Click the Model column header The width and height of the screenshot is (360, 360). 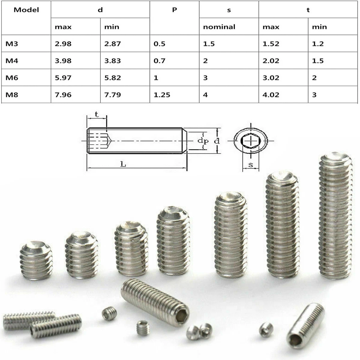(x=26, y=10)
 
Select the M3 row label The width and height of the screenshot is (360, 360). (x=12, y=44)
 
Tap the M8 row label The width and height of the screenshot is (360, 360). (x=12, y=95)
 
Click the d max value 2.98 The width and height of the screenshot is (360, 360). (x=63, y=44)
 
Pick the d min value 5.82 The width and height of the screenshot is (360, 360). (x=112, y=78)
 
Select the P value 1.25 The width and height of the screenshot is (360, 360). (x=162, y=95)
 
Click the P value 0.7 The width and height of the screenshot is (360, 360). (x=160, y=61)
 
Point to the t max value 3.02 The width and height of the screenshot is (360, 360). (x=271, y=78)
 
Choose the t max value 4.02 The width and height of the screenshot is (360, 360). (x=271, y=95)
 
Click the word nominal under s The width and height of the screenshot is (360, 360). (x=219, y=27)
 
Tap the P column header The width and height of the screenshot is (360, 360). (x=174, y=10)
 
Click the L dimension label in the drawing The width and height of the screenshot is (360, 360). (x=123, y=164)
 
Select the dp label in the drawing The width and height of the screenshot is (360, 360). (x=203, y=141)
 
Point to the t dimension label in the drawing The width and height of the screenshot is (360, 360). (x=97, y=114)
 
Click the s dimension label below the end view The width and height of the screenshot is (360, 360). (x=251, y=164)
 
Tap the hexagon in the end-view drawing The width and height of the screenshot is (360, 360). (x=250, y=141)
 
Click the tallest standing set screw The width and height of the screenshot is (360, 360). (x=335, y=216)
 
